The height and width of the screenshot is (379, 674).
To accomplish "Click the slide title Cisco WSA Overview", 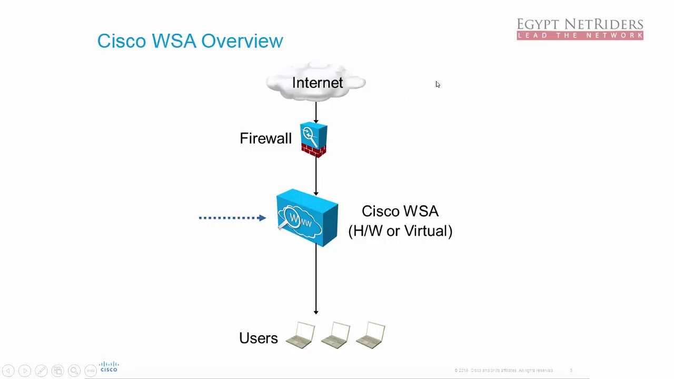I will click(x=190, y=41).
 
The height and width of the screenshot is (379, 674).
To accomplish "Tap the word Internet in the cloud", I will click(x=317, y=83).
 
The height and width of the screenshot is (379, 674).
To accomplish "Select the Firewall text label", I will click(x=265, y=138).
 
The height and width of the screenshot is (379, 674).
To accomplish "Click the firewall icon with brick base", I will click(x=314, y=139).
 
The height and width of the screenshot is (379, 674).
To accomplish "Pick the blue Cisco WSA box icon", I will click(x=308, y=218).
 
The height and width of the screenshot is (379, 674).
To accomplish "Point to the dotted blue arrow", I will click(x=232, y=217).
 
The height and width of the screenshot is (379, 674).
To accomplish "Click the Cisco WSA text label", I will click(x=400, y=211).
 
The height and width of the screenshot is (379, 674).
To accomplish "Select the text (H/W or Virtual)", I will click(x=400, y=231).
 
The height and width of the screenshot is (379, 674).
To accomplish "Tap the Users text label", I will click(x=258, y=338).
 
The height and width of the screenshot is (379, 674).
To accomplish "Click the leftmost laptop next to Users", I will click(x=301, y=336).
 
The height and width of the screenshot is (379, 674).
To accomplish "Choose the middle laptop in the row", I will click(x=335, y=336).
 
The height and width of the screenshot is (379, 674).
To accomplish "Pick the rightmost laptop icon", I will click(x=371, y=336).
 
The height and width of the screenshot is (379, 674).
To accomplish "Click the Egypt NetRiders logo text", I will click(x=580, y=24).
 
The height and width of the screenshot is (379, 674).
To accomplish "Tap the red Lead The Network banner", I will click(x=580, y=36).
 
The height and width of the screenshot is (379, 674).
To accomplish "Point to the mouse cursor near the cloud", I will click(x=438, y=84).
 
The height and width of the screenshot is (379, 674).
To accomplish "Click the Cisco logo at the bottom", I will click(x=109, y=367).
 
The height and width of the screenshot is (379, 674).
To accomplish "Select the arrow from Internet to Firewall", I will click(x=316, y=112).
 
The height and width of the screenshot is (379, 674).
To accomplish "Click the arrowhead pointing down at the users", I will click(x=316, y=312).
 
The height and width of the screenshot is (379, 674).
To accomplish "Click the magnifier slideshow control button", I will click(x=74, y=371).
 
